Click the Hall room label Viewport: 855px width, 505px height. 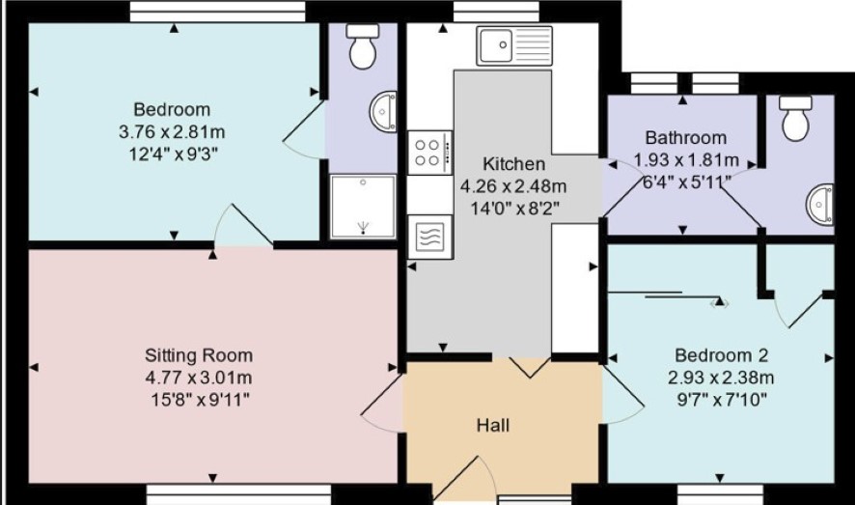[493, 425]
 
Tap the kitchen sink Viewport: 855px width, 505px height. [514, 45]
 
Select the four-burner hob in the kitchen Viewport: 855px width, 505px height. [430, 153]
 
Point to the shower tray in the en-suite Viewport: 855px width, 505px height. [363, 207]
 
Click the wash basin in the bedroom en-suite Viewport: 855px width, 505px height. [384, 112]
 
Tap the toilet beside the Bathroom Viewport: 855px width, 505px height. [795, 119]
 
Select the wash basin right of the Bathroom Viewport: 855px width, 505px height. [820, 205]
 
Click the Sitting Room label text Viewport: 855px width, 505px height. [199, 355]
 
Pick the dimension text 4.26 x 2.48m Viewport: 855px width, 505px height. [513, 186]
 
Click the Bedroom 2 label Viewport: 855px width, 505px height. [721, 355]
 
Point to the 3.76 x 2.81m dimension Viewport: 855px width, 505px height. [172, 132]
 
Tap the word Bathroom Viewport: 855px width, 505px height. [686, 137]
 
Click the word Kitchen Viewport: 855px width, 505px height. [513, 163]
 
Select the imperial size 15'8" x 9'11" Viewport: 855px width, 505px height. [200, 400]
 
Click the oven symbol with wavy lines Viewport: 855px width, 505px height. [430, 237]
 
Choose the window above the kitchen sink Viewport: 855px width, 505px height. [496, 11]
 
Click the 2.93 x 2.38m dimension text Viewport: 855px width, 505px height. [721, 378]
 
